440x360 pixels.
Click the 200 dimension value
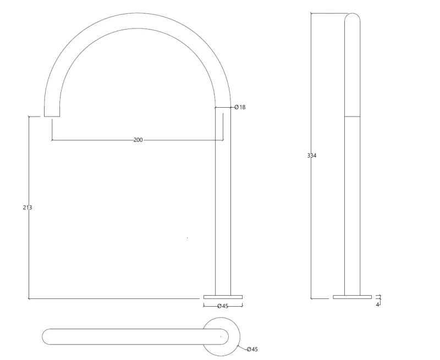click(x=138, y=140)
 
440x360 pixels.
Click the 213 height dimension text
click(x=28, y=208)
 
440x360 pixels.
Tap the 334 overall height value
click(x=312, y=156)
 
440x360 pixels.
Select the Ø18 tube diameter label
click(x=240, y=107)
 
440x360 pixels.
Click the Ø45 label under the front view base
click(x=222, y=306)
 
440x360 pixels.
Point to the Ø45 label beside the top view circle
click(x=252, y=349)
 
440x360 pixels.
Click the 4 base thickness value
click(x=377, y=304)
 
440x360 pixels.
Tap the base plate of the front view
click(x=223, y=297)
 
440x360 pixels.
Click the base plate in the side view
click(x=352, y=297)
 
